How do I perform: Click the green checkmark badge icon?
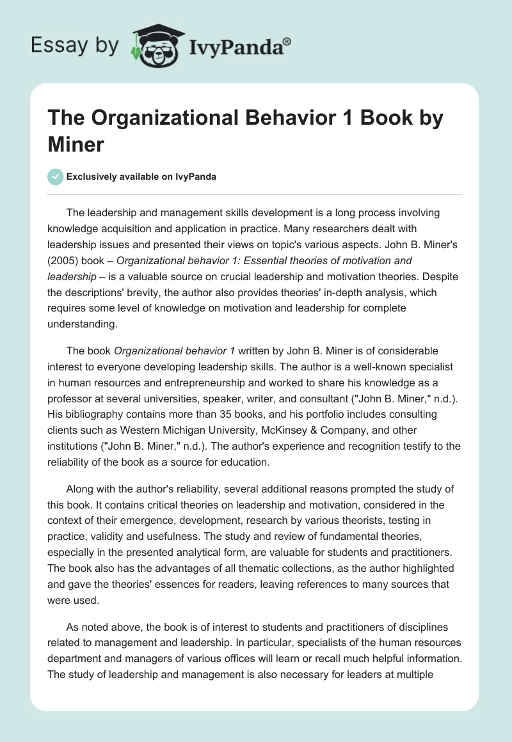click(x=56, y=177)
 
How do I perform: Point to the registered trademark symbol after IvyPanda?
click(x=288, y=41)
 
